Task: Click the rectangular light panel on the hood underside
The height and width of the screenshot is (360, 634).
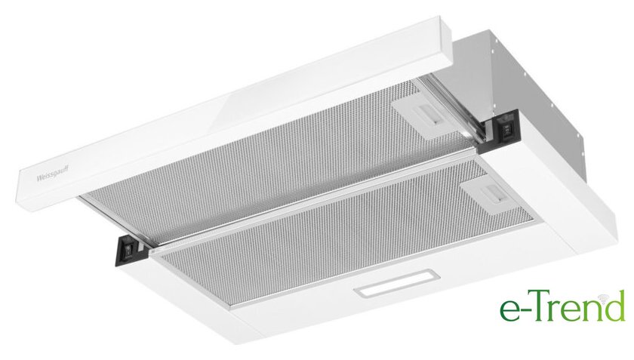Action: point(397,283)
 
